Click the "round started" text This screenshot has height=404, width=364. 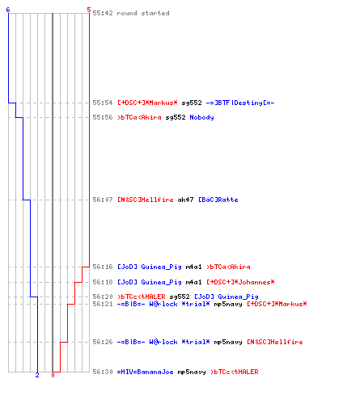point(143,13)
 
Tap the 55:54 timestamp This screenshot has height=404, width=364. point(103,103)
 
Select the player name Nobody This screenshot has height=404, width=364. point(201,117)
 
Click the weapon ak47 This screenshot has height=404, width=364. point(185,200)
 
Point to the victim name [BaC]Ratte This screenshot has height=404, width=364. point(218,200)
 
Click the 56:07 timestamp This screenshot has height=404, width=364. point(103,200)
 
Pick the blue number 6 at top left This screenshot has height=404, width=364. point(8,10)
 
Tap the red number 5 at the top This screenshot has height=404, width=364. point(89,10)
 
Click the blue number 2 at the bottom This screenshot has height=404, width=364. point(37,375)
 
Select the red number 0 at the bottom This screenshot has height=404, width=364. point(53,375)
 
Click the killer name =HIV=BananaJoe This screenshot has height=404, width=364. point(145,372)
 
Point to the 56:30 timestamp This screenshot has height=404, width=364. point(103,372)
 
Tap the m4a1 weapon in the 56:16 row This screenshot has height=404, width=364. point(193,267)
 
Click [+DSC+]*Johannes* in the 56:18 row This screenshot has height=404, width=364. point(240,282)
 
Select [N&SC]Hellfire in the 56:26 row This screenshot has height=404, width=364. point(275,342)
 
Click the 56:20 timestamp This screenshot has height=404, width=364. point(103,297)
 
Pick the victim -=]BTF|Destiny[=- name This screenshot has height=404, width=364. point(240,103)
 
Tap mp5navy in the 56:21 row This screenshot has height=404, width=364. point(228,304)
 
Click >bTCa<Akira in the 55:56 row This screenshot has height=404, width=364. point(139,117)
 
